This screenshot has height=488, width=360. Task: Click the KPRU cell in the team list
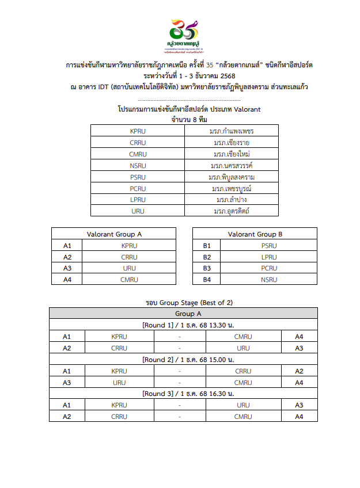pyautogui.click(x=138, y=131)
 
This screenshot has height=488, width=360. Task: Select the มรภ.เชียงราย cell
pyautogui.click(x=231, y=142)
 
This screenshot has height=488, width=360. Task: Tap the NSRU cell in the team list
pyautogui.click(x=138, y=165)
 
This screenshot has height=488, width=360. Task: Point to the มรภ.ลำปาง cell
pyautogui.click(x=231, y=200)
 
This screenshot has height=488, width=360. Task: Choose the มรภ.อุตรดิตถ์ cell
pyautogui.click(x=231, y=211)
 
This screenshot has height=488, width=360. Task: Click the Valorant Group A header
pyautogui.click(x=113, y=234)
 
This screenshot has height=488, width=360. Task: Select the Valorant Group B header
pyautogui.click(x=255, y=234)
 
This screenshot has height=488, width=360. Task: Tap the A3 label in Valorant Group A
pyautogui.click(x=67, y=268)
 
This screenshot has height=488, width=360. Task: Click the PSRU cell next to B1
pyautogui.click(x=268, y=246)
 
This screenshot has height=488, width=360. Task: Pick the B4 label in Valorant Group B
pyautogui.click(x=207, y=280)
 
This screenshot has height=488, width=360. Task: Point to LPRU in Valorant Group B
pyautogui.click(x=268, y=257)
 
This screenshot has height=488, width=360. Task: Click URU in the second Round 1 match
pyautogui.click(x=242, y=348)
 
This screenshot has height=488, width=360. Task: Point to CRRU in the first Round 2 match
pyautogui.click(x=242, y=371)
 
